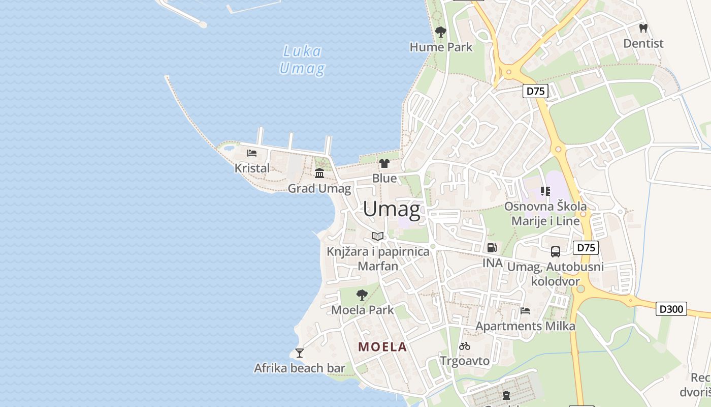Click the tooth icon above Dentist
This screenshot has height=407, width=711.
coord(643,28)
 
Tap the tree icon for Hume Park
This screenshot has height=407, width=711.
coord(441,33)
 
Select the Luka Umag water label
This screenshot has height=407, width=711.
coord(302,60)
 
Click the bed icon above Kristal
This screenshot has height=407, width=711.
coord(252,153)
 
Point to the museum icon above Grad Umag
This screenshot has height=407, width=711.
coord(319,173)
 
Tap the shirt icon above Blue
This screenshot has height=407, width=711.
coord(384,163)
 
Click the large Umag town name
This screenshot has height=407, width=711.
coord(392,209)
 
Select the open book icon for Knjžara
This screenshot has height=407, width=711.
coord(378,236)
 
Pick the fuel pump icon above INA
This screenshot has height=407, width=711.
coord(492,248)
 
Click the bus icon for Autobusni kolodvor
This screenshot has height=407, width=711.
coord(556,251)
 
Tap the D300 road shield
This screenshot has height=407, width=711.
coord(671,309)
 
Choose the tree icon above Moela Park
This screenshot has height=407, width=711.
coord(362,295)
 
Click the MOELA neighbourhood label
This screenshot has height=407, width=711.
coord(382,347)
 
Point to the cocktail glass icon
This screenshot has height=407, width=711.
coord(300,353)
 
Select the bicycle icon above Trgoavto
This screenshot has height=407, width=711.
coord(465,346)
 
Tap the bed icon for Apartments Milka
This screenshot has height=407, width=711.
coord(525,311)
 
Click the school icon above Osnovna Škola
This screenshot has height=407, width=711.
coord(545,191)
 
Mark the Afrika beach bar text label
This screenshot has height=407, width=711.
coord(300,368)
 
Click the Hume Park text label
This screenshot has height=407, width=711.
coord(441,47)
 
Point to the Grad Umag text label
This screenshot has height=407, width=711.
coord(319,189)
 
